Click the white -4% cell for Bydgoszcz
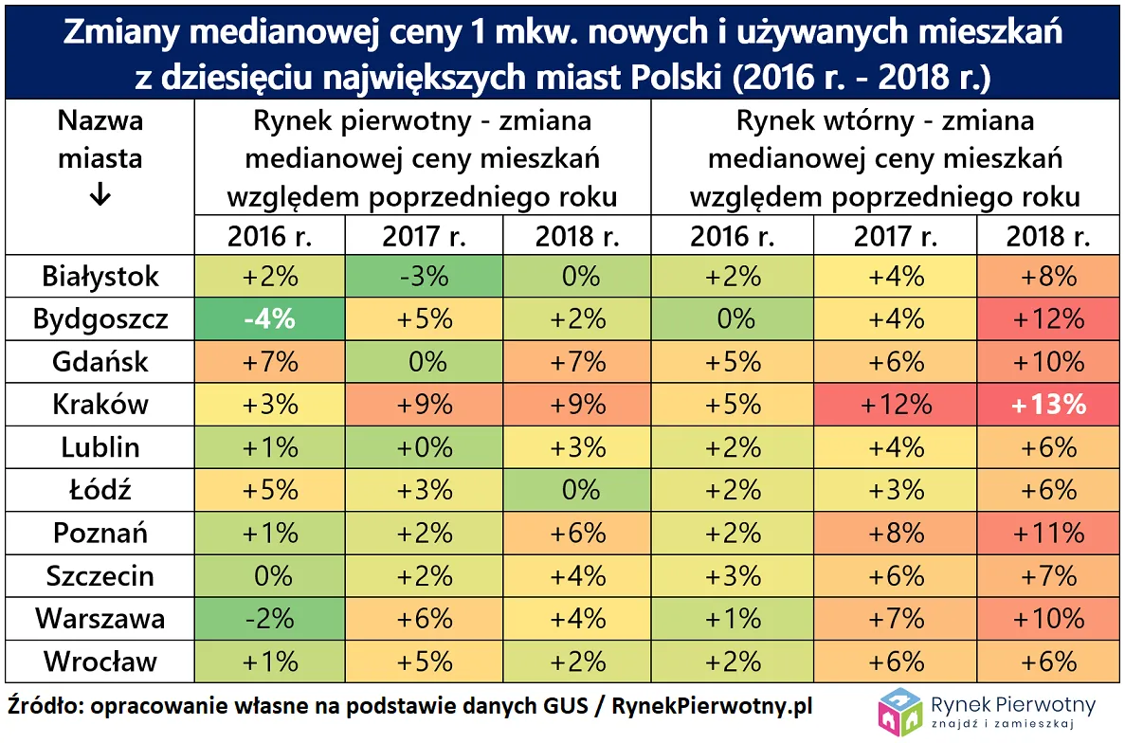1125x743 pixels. tap(268, 318)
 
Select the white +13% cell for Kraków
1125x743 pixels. tap(1047, 405)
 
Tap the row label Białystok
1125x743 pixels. tap(100, 276)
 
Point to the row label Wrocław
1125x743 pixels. tap(100, 661)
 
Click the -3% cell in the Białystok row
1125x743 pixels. tap(424, 276)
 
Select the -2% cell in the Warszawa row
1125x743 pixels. tap(268, 618)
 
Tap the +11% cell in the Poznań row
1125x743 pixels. tap(1047, 533)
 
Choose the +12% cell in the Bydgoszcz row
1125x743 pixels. tap(1047, 318)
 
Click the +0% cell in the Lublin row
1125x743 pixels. tap(424, 447)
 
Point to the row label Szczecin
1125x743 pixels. tap(100, 575)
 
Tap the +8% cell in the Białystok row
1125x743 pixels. tap(1047, 276)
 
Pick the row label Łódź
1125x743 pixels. tap(100, 490)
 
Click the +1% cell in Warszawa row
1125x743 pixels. tap(733, 618)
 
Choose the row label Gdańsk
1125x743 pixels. tap(100, 361)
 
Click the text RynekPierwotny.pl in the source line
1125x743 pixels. tap(712, 707)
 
